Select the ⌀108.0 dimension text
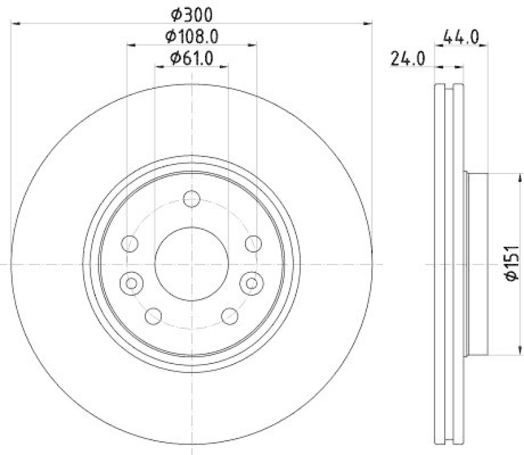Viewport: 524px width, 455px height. pos(191,35)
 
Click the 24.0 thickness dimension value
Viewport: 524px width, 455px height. pos(408,59)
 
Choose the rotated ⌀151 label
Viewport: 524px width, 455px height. pos(512,264)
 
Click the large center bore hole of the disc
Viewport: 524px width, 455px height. pos(191,263)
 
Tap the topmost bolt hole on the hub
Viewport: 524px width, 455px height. pos(191,198)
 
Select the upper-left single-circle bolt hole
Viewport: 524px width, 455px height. pos(130,244)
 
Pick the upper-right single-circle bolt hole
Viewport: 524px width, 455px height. pos(252,244)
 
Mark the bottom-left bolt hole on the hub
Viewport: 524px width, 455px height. pos(153,316)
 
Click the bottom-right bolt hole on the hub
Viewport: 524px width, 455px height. pos(229,316)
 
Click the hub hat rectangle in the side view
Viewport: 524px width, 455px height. pos(477,264)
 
